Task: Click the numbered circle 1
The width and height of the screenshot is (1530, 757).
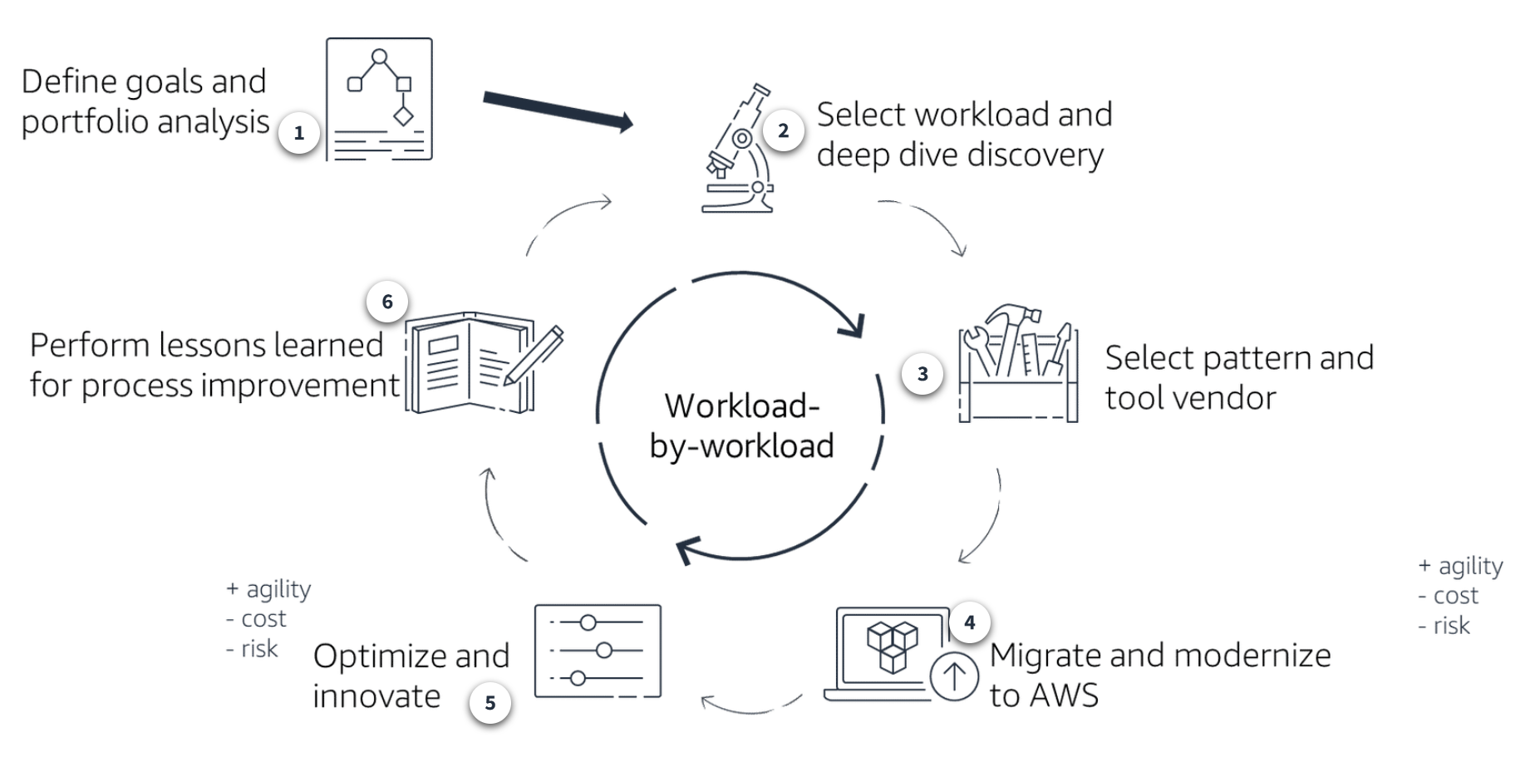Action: point(299,133)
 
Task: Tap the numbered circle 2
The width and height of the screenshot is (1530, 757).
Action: point(783,130)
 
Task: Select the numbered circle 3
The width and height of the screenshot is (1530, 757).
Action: point(922,374)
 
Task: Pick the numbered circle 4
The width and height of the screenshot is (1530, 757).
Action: point(969,622)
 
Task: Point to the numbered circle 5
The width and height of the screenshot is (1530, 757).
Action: point(490,703)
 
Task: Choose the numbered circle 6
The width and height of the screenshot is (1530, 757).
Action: point(387,302)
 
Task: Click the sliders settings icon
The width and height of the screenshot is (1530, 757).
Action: point(598,651)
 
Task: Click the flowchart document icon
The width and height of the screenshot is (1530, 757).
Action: point(379,99)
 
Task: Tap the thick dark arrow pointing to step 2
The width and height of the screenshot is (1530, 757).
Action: point(558,111)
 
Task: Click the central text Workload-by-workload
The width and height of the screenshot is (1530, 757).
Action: point(741,425)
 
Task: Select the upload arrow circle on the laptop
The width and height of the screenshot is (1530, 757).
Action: point(953,676)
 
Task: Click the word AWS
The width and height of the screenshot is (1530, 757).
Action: point(1067,696)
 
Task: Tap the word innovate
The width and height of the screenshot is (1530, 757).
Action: point(376,696)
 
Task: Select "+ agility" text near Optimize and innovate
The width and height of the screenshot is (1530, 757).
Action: point(268,589)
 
